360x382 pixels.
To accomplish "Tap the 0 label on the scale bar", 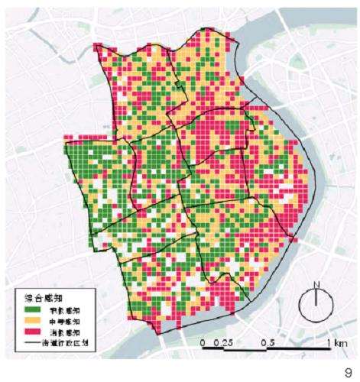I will click(x=203, y=343).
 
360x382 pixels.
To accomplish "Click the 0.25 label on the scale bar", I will click(x=223, y=343).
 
